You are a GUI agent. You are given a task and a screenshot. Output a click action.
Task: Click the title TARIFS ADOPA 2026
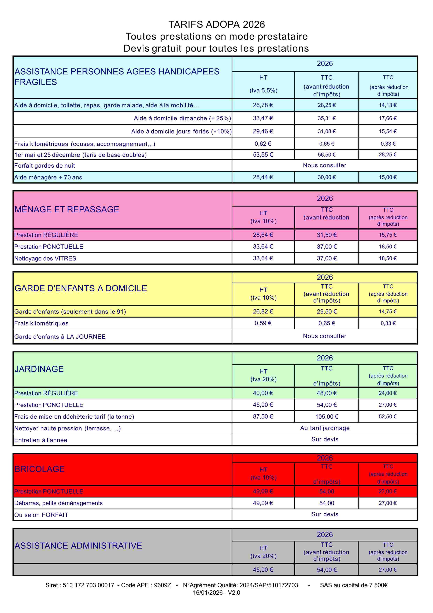[x=216, y=24]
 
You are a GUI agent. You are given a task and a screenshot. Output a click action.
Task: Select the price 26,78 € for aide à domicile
[x=263, y=105]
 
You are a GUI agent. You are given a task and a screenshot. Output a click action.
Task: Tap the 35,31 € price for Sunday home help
[x=327, y=118]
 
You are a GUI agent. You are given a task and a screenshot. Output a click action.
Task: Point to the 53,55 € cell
[x=263, y=155]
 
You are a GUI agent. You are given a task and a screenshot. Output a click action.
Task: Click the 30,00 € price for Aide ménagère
[x=327, y=177]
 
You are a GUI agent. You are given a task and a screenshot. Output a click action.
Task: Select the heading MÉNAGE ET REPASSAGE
[x=67, y=209]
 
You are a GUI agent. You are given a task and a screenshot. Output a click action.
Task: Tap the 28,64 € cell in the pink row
[x=263, y=235]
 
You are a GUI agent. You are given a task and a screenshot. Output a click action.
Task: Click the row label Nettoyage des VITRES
[x=45, y=258]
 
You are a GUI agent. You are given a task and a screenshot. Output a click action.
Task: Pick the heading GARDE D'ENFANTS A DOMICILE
[x=81, y=288]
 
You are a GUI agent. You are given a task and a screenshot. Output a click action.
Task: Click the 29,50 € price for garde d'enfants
[x=327, y=312]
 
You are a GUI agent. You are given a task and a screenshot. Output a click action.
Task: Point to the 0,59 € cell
[x=263, y=323]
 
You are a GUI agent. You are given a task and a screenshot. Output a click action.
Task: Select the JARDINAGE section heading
[x=39, y=369]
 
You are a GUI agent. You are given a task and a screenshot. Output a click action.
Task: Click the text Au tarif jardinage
[x=325, y=428]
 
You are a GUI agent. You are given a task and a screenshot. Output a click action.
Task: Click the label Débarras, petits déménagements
[x=58, y=503]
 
